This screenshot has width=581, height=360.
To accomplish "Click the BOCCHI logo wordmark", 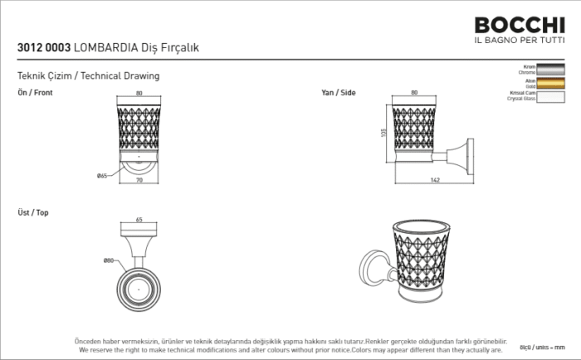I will (x=519, y=26).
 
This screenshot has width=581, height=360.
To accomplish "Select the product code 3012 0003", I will (x=43, y=48).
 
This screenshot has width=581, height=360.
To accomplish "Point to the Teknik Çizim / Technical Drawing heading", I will (x=88, y=75).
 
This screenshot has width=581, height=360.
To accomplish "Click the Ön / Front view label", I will (x=35, y=93).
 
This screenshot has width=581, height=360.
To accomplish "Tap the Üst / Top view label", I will (x=33, y=212).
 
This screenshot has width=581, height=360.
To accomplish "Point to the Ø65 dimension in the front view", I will (x=102, y=175).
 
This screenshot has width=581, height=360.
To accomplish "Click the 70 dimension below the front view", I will (x=138, y=180).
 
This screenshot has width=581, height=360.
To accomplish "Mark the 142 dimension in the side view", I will (x=435, y=180).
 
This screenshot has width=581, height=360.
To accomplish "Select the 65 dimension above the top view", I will (x=139, y=220).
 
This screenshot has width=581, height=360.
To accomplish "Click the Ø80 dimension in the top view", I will (x=109, y=260).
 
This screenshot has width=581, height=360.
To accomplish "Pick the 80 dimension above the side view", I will (x=414, y=93).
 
